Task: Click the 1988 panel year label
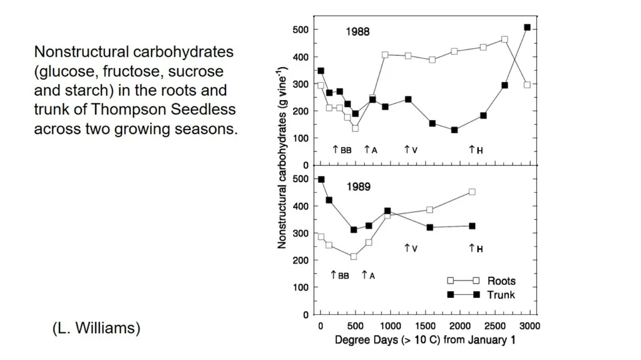357,31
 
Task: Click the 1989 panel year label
359,187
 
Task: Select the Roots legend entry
481,280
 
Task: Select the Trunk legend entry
481,294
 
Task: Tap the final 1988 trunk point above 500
527,28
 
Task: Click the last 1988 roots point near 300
527,85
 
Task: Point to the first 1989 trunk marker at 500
321,180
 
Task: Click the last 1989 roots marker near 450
472,192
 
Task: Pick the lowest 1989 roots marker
354,257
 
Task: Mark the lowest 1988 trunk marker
454,130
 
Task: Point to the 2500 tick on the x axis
496,326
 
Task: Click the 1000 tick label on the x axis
391,326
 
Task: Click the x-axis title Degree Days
425,339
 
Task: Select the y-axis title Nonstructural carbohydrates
282,158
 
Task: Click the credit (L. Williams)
96,328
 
